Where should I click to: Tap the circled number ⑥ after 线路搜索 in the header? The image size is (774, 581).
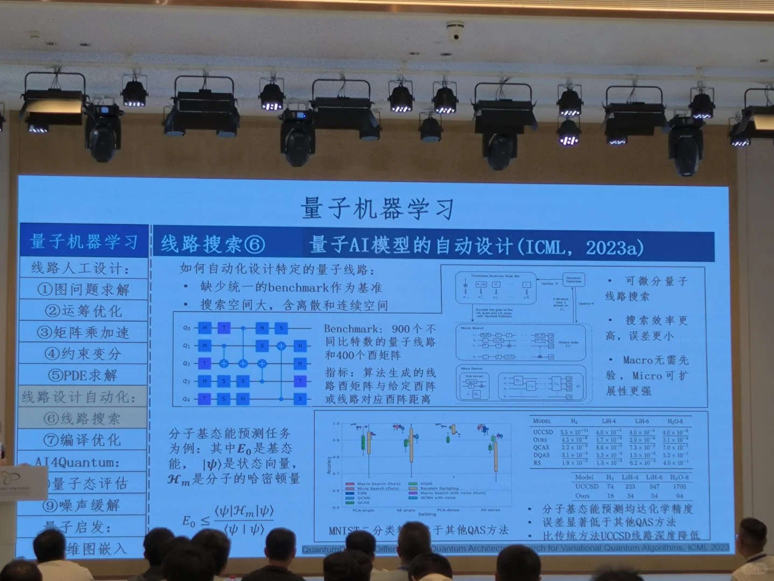point(255,245)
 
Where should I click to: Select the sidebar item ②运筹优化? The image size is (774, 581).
point(83,311)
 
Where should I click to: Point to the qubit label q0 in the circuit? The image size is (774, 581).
point(187,328)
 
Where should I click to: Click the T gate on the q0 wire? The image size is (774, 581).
point(224,328)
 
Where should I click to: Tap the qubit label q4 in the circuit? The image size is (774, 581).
point(186,399)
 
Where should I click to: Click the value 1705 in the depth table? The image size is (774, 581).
point(679,486)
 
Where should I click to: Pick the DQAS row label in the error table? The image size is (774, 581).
point(541,455)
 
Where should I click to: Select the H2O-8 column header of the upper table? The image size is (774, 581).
point(675,421)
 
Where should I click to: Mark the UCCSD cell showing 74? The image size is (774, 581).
point(610,486)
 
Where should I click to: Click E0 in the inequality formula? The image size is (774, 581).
point(188,521)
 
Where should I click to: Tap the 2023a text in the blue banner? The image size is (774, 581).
point(614,247)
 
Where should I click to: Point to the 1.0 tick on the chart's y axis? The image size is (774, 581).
point(336,424)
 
